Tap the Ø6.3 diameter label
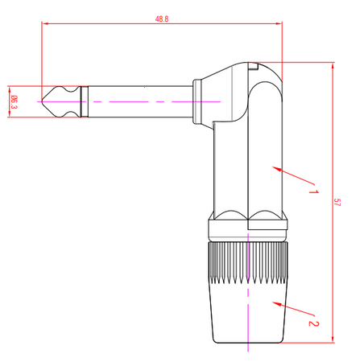coord(14,102)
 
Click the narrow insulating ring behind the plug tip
coord(82,102)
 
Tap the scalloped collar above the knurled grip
coord(248,217)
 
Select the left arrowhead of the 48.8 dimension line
coord(45,23)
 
